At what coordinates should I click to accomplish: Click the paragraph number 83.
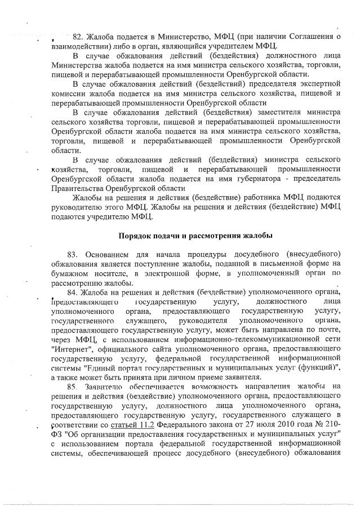pos(73,254)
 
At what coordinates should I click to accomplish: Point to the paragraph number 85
pos(73,387)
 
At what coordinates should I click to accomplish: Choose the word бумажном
pos(69,273)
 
